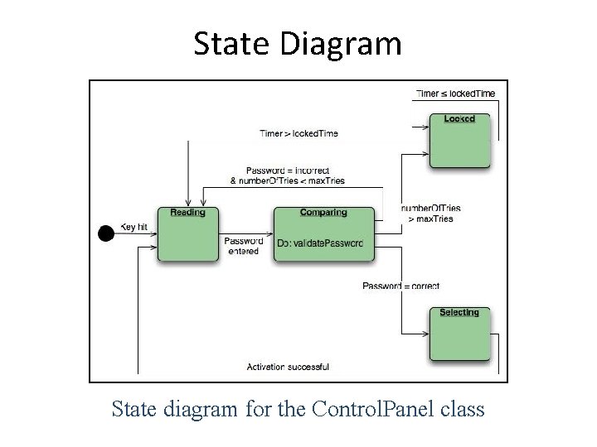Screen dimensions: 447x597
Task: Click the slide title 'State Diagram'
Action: tap(298, 43)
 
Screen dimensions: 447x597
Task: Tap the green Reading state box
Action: tap(188, 235)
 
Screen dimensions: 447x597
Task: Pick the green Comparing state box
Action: tap(323, 235)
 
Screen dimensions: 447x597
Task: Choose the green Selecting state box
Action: tap(459, 335)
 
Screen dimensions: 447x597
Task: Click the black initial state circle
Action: tap(106, 234)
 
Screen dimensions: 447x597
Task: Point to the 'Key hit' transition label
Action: tap(134, 226)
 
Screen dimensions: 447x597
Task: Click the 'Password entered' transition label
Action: tap(243, 246)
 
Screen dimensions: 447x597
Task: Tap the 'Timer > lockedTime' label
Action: tap(298, 133)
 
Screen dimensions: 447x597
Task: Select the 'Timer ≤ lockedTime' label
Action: tap(455, 94)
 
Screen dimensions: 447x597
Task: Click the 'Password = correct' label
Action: tap(400, 286)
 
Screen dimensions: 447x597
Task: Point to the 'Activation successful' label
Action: tap(288, 367)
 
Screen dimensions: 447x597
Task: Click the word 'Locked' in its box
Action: tap(459, 118)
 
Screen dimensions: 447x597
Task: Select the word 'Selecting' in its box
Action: tap(459, 313)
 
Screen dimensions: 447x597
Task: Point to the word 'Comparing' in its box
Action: tap(323, 213)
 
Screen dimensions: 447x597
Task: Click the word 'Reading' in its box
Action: tap(188, 213)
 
